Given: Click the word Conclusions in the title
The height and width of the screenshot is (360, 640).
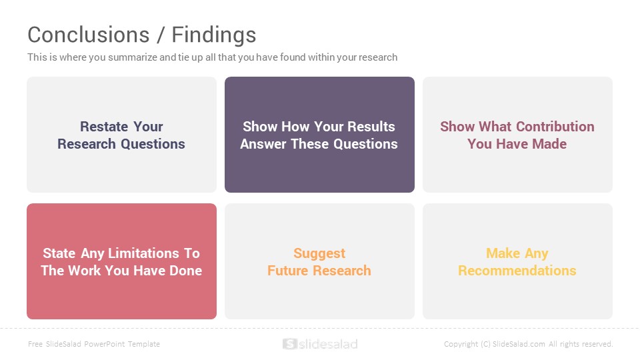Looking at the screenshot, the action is (x=89, y=35).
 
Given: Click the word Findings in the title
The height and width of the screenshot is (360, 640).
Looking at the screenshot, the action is (x=213, y=35).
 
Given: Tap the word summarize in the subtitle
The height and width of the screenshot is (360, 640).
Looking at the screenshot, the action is (x=133, y=57).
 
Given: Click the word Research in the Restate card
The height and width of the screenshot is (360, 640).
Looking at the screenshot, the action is (x=87, y=144).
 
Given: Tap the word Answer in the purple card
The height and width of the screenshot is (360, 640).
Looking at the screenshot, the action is (x=263, y=144).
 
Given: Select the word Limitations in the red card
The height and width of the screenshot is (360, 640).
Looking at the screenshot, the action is (x=143, y=253).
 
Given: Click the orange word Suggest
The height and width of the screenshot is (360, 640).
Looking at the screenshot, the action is (x=319, y=254).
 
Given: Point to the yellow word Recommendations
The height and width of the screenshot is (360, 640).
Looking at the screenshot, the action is (x=517, y=271).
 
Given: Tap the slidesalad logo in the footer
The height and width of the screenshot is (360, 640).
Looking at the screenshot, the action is (x=320, y=344).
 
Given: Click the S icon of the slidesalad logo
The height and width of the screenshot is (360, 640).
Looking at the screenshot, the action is (x=290, y=344).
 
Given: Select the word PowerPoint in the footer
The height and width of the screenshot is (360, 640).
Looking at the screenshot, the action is (x=105, y=344).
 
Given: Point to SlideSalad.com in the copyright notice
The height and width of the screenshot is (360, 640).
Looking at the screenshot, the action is (x=519, y=344).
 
